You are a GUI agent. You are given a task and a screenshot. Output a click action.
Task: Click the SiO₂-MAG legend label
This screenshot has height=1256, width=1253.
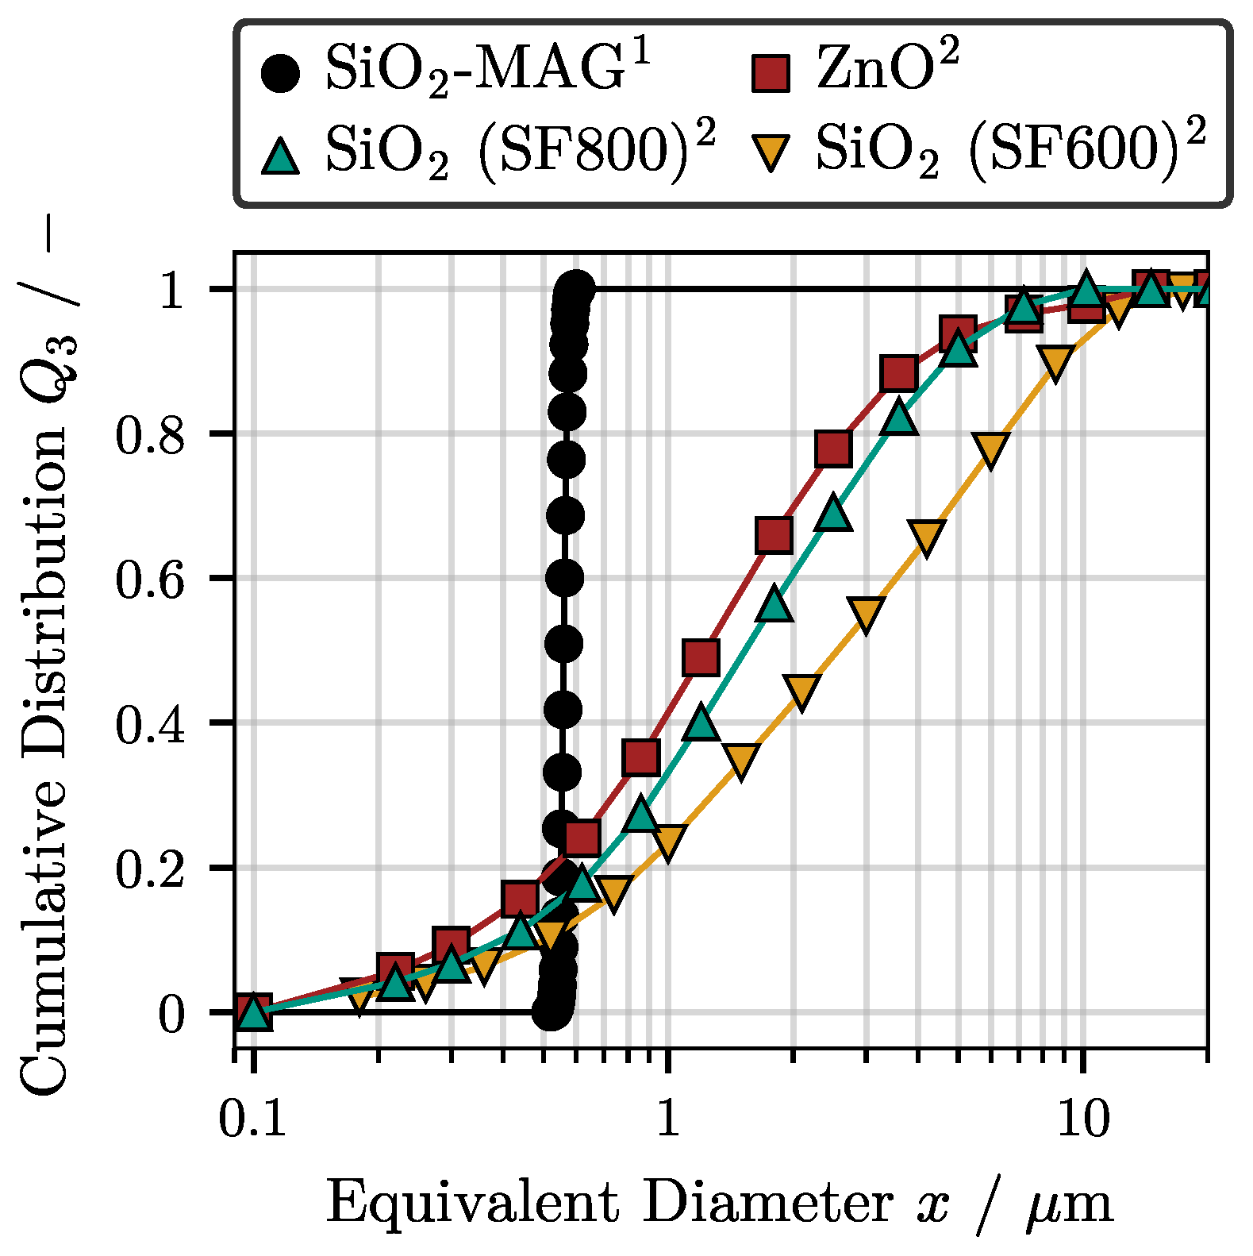click(x=487, y=70)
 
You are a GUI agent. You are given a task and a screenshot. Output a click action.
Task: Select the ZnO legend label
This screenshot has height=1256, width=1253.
click(x=887, y=70)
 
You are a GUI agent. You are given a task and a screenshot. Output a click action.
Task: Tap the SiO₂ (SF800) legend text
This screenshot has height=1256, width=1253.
click(x=520, y=151)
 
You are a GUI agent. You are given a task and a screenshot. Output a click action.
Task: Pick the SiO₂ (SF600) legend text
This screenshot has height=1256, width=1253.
click(x=1010, y=151)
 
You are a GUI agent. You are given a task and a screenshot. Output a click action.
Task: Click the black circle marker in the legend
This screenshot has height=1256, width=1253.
click(x=281, y=73)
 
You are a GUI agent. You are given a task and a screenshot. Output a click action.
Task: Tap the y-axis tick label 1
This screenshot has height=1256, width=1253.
click(x=172, y=291)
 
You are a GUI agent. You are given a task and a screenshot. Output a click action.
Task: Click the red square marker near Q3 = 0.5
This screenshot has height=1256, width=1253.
click(x=701, y=657)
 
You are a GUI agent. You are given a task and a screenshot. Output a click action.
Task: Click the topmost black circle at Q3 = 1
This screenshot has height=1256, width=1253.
click(x=575, y=288)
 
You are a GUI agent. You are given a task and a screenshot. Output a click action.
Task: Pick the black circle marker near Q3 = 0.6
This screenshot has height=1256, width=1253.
click(x=565, y=577)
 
